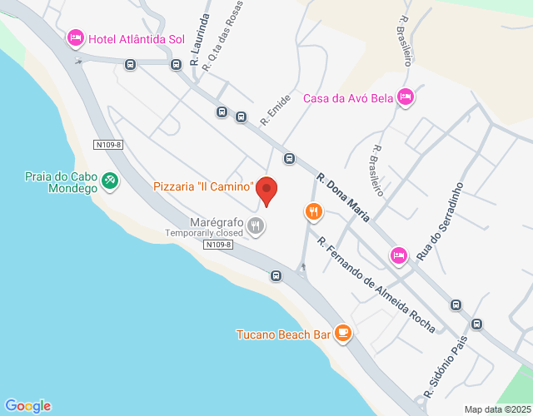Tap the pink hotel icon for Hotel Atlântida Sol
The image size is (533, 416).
[x=76, y=39]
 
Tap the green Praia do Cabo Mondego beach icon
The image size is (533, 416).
[x=109, y=180]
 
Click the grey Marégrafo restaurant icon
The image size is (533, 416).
[x=257, y=225]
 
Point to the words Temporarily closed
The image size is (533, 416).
[x=203, y=233]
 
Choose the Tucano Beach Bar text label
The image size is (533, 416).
[x=283, y=335]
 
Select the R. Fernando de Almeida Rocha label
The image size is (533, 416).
[x=376, y=285]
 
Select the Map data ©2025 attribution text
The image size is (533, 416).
[x=497, y=409]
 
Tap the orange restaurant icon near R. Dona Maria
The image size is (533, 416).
[x=313, y=212]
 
